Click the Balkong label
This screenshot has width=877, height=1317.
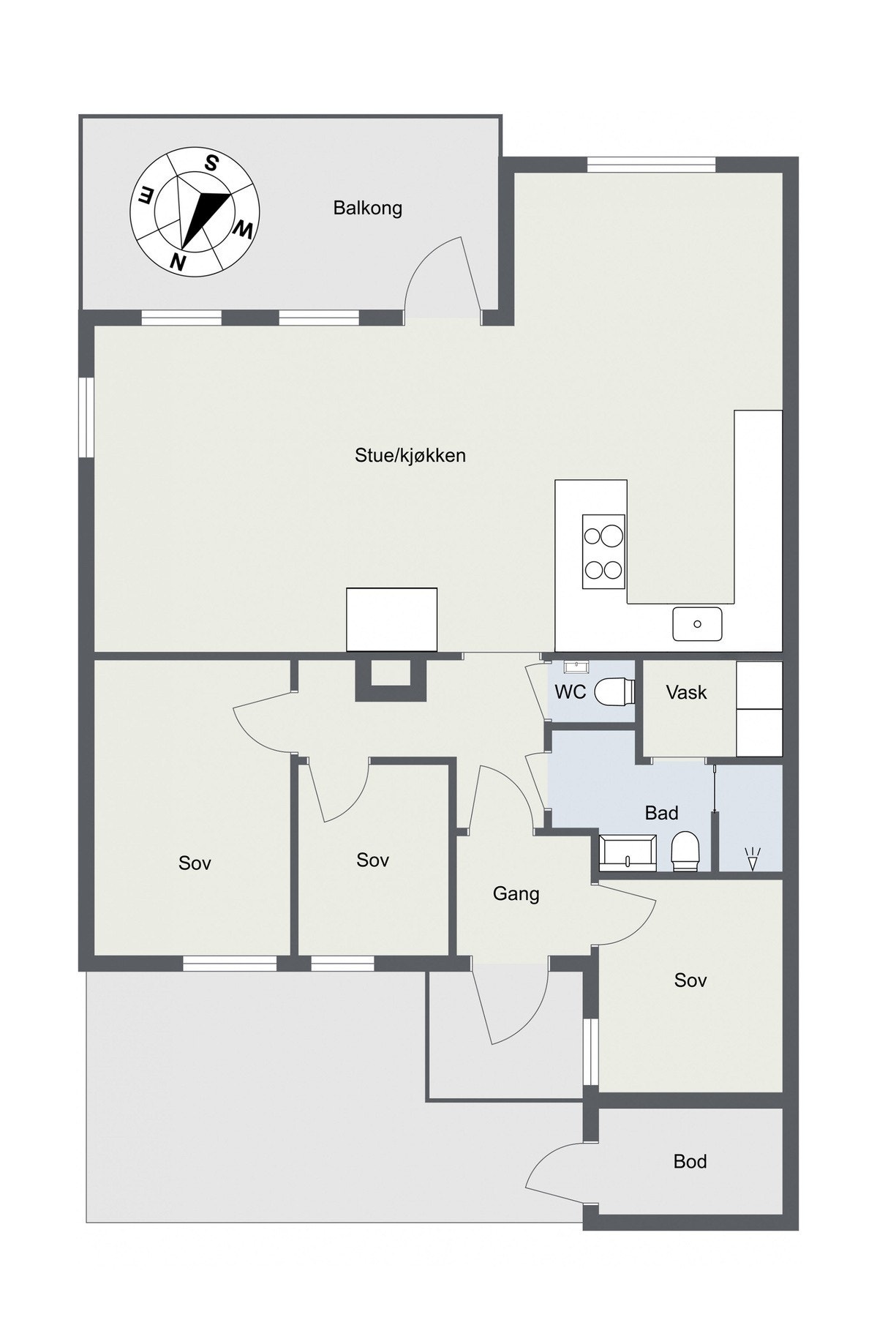tap(367, 209)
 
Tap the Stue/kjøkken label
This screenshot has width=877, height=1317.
tap(410, 456)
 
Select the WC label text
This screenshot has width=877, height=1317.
tap(570, 692)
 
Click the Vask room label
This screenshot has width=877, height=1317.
tap(686, 692)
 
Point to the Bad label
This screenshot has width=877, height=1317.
tap(661, 813)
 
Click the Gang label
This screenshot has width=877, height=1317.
tap(516, 893)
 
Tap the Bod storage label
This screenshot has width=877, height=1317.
tap(690, 1161)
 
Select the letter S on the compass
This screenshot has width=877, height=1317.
tap(211, 163)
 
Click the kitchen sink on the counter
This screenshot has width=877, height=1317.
tap(697, 623)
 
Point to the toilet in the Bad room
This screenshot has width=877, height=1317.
tap(686, 852)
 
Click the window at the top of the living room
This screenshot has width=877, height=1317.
tap(651, 165)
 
